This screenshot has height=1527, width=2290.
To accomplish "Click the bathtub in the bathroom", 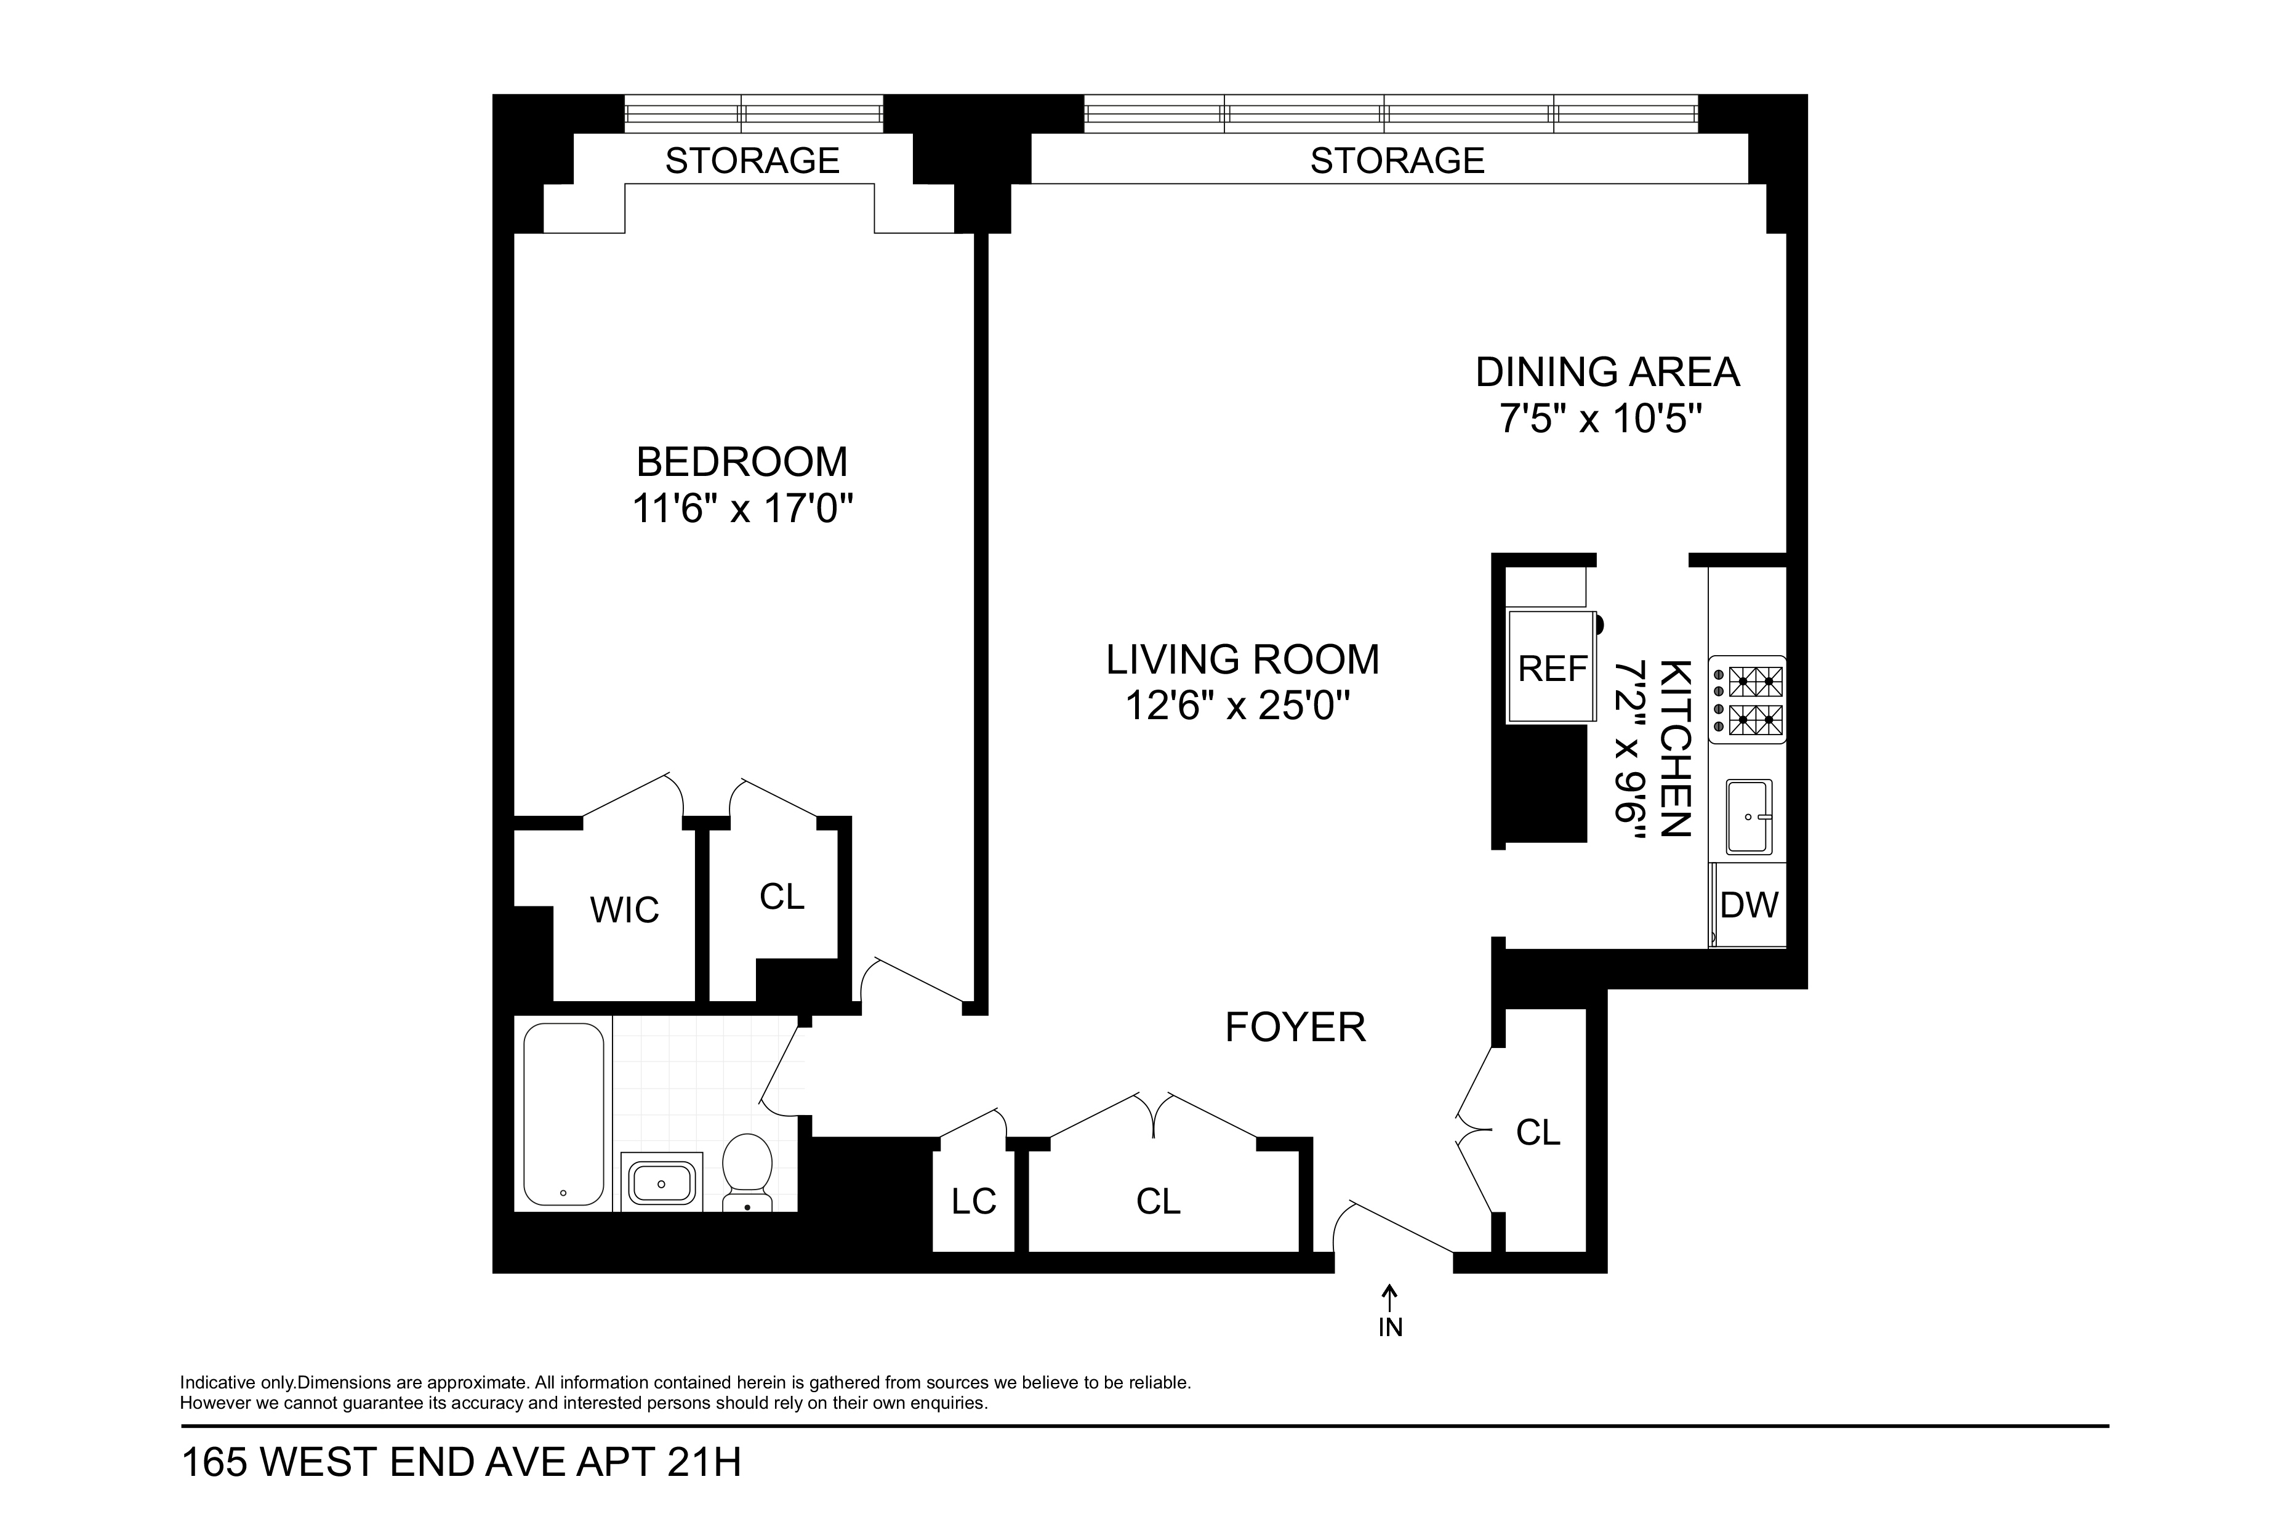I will pyautogui.click(x=563, y=1113).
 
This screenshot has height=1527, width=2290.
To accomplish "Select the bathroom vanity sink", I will pyautogui.click(x=661, y=1182).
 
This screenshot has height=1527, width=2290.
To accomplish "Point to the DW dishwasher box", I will pyautogui.click(x=1749, y=905).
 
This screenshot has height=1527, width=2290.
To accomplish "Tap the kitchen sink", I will pyautogui.click(x=1749, y=816).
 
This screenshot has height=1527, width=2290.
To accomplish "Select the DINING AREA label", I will pyautogui.click(x=1607, y=372).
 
